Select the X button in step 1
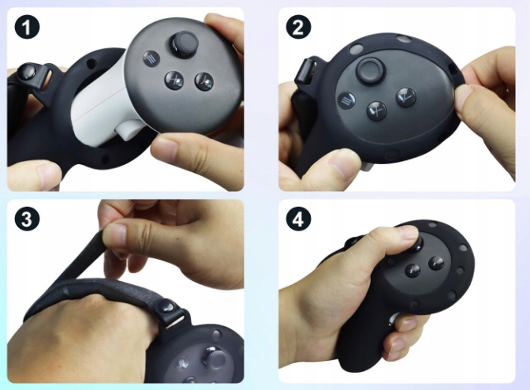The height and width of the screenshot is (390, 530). point(174,78)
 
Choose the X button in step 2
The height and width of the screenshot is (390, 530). point(376,108)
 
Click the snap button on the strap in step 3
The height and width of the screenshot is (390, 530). point(167,304)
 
